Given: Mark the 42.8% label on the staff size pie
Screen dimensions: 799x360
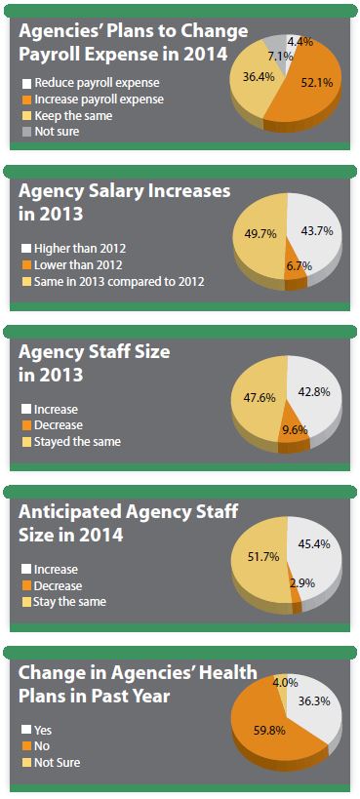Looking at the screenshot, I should click(x=323, y=390).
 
